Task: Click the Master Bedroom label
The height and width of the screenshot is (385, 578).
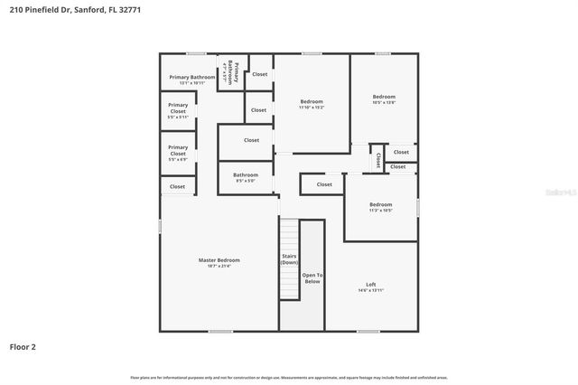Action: [x=219, y=260]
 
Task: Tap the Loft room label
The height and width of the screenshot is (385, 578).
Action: [x=370, y=285]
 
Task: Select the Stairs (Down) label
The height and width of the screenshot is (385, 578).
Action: [x=289, y=258]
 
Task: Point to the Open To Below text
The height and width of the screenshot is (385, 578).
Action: [x=312, y=278]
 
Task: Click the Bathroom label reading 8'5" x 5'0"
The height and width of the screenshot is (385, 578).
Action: [x=246, y=175]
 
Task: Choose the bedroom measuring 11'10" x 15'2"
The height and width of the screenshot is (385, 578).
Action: [x=311, y=101]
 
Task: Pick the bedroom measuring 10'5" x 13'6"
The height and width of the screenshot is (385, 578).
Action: [x=384, y=97]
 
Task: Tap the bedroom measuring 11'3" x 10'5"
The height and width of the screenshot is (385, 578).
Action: [x=380, y=205]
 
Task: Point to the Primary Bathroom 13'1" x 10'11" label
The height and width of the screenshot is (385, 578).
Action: [x=191, y=78]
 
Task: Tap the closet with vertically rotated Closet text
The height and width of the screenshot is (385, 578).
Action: [x=378, y=160]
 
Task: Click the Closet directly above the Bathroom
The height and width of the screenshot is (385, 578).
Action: [x=251, y=140]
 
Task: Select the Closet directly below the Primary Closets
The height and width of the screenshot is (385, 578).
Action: [x=177, y=186]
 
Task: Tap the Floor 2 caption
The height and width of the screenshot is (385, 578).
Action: [x=23, y=346]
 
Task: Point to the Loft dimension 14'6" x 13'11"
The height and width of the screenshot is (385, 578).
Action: [x=370, y=290]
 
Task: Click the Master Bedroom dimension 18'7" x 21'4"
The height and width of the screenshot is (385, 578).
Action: [x=219, y=266]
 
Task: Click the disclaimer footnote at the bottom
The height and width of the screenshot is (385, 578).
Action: [x=289, y=377]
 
